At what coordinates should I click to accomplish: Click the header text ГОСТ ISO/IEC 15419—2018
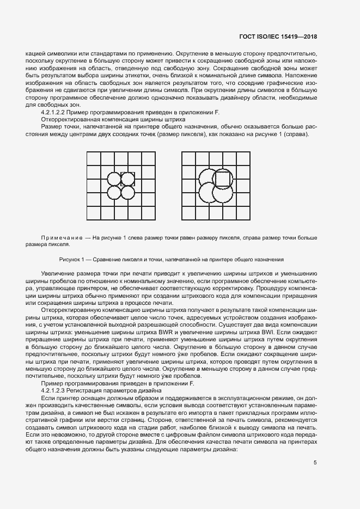[278, 37]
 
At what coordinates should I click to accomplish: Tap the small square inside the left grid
[127, 179]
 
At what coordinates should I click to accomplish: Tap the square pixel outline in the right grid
[223, 179]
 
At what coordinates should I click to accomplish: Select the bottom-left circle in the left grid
[114, 192]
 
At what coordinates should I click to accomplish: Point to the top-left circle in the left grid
[114, 179]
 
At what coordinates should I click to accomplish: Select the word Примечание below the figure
[61, 238]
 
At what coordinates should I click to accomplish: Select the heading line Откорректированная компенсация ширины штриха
[114, 119]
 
